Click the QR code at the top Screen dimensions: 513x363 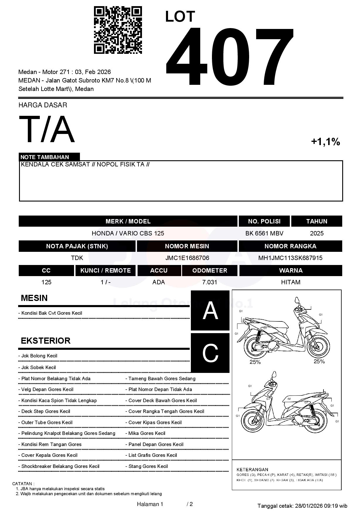pos(118,30)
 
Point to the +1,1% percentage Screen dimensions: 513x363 pos(325,142)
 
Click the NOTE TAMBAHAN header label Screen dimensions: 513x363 pos(45,157)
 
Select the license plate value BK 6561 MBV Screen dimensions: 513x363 pos(264,233)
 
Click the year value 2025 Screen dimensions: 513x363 pos(317,233)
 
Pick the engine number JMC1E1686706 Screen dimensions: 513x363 pos(187,258)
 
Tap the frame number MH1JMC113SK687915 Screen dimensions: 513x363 pos(290,258)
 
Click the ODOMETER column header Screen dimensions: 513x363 pos(210,271)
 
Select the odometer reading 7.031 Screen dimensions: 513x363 pos(210,282)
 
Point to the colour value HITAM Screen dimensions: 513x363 pos(291,282)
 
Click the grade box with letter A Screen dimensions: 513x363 pos(210,311)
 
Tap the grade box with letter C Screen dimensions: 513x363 pos(210,353)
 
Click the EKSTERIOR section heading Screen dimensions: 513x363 pos(46,341)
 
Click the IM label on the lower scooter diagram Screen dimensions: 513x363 pos(289,399)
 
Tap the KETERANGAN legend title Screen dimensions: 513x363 pos(252,469)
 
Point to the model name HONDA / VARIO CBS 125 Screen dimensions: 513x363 pos(128,233)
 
